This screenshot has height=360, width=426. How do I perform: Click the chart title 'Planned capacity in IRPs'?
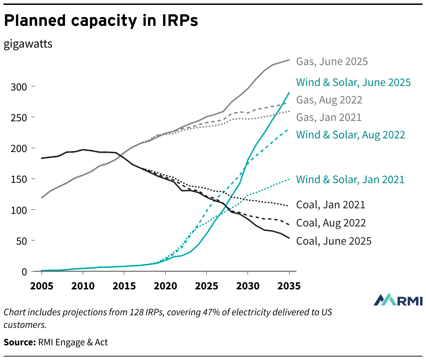pos(101,21)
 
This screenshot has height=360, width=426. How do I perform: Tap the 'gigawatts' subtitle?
pos(28,44)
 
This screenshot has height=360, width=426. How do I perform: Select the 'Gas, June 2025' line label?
pos(332,62)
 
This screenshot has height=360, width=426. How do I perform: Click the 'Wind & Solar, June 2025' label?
pos(353,82)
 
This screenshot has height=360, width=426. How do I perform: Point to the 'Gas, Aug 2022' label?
pos(329,100)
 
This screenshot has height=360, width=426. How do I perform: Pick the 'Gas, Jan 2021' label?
pos(329,117)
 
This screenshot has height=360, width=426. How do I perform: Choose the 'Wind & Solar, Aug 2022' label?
pos(351,135)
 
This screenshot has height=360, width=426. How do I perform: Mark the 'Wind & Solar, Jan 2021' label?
pos(350,180)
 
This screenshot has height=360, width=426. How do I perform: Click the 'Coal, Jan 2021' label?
pos(331,205)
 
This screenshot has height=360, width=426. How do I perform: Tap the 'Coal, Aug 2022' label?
pos(331,223)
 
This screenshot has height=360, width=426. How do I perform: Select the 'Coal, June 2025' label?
pos(334,241)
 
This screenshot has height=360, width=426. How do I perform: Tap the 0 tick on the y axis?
pos(24,272)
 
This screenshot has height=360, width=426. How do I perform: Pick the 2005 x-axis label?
pos(42,286)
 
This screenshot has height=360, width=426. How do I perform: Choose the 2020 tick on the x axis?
pos(165,286)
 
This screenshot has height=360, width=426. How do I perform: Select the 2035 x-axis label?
pos(289,286)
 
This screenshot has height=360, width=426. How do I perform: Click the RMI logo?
pos(398,300)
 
